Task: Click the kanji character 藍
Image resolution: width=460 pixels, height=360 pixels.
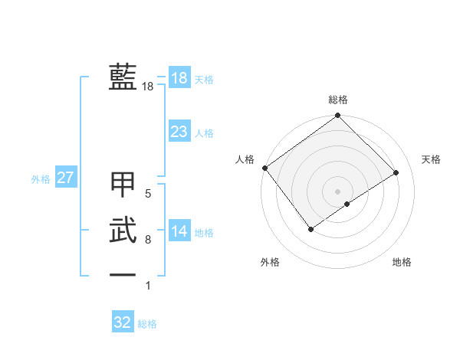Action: pos(123,77)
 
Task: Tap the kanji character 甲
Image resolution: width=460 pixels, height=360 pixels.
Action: pos(123,185)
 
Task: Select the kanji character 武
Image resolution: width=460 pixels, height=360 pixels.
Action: pos(123,229)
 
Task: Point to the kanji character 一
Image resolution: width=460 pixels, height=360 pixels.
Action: pos(123,274)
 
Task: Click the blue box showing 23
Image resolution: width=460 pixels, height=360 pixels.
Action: pos(179,132)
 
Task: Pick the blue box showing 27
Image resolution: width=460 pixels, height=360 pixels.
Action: pos(65,178)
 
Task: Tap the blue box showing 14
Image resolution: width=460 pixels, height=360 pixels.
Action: pos(179,232)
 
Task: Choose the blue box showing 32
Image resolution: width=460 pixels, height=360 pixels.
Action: pos(123,322)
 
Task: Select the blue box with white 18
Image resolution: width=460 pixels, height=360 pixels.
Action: pos(179,78)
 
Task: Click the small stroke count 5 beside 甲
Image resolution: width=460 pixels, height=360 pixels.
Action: pos(148,194)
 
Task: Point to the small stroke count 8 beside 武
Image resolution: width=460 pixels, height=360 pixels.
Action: pos(148,240)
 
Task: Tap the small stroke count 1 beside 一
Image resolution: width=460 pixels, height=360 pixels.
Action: pos(148,286)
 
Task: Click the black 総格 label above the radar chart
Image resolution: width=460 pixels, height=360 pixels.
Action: pos(338,100)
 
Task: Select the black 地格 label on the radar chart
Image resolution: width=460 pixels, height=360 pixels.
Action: pos(402,262)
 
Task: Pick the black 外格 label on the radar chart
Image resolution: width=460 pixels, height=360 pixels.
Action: pos(270,262)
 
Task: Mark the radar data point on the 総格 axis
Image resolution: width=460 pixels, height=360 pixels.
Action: pos(337,116)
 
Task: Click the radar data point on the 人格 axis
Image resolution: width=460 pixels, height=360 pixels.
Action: pos(264,168)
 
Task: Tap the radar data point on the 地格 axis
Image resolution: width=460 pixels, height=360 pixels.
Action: pos(347,204)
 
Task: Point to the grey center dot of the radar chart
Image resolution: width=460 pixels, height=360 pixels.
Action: pos(337,191)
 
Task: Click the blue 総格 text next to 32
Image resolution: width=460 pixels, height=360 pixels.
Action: pos(147,324)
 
